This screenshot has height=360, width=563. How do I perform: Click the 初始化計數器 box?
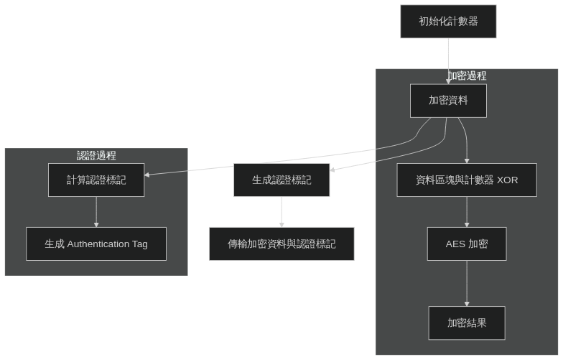point(448,22)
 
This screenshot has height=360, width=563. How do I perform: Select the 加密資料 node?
point(448,101)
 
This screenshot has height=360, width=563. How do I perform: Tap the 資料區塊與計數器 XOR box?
point(467,180)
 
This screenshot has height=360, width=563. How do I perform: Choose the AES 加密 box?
point(467,244)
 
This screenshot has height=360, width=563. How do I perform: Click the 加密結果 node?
point(467,323)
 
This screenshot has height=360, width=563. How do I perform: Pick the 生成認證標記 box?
point(281,180)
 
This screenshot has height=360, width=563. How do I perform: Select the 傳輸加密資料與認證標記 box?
point(281,244)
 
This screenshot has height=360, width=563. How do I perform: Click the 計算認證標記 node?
point(96,180)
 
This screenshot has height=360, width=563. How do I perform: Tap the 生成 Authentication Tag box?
point(96,244)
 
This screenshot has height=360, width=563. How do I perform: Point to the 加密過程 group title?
point(467,75)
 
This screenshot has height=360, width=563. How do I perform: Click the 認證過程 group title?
point(96,155)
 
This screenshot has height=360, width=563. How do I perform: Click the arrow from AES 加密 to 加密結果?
point(467,284)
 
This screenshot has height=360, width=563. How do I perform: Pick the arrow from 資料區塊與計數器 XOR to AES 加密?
point(467,212)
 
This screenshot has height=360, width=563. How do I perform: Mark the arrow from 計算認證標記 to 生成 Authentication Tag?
point(96,212)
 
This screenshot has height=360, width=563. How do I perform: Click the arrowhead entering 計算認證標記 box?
point(147,173)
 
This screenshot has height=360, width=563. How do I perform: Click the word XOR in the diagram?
point(507,180)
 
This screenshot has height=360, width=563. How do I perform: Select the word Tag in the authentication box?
point(139,244)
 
